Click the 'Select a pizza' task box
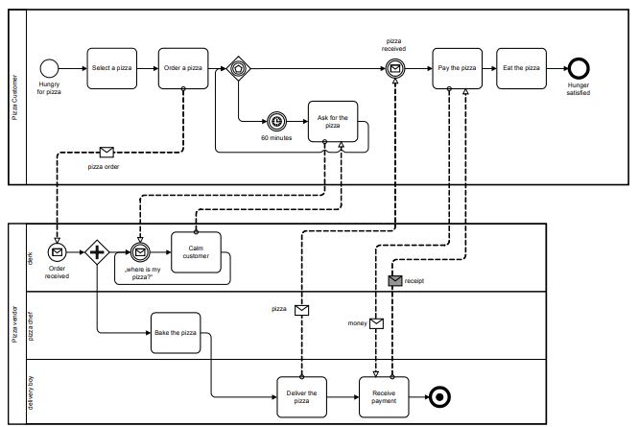(x=112, y=68)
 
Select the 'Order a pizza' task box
(x=184, y=68)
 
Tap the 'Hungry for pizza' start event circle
(x=50, y=68)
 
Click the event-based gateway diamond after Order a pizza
(x=237, y=68)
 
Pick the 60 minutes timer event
(x=277, y=122)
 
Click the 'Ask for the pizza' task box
(x=332, y=122)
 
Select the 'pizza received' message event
(x=394, y=68)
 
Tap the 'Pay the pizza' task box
(x=457, y=68)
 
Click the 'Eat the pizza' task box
(x=522, y=68)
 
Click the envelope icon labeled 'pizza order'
(x=107, y=152)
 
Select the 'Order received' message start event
(x=57, y=252)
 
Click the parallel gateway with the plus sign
(x=97, y=252)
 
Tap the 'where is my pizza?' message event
(x=141, y=252)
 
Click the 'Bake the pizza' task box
(x=176, y=332)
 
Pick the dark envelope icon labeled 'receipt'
(x=393, y=281)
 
